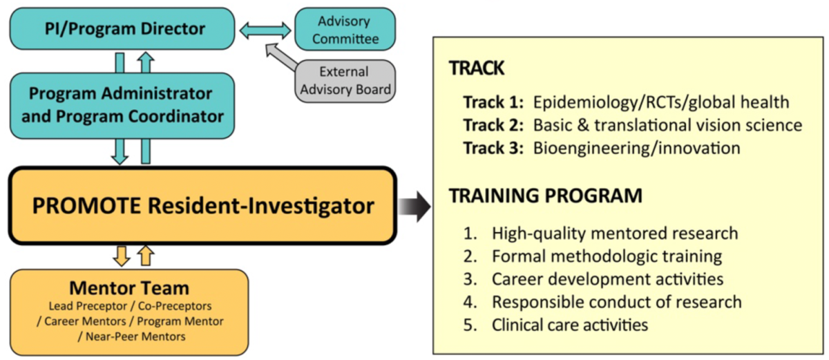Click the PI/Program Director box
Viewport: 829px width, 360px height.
(x=122, y=28)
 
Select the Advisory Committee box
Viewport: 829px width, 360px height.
(x=345, y=29)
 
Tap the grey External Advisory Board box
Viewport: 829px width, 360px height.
(x=345, y=81)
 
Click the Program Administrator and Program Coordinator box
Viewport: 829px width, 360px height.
(x=122, y=106)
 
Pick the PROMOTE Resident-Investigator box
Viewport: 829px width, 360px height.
(x=203, y=206)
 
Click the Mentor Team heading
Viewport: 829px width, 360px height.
(x=129, y=288)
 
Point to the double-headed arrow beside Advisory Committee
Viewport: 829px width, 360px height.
(x=265, y=30)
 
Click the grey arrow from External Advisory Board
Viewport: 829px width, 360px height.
(x=281, y=56)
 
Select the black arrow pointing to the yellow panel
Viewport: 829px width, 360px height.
(x=414, y=207)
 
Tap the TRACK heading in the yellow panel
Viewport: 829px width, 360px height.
(x=477, y=68)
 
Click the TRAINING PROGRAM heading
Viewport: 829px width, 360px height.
(x=546, y=196)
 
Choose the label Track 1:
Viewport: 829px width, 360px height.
(x=493, y=102)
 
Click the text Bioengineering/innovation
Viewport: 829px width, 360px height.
(x=636, y=149)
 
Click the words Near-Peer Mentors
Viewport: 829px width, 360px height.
(x=135, y=337)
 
